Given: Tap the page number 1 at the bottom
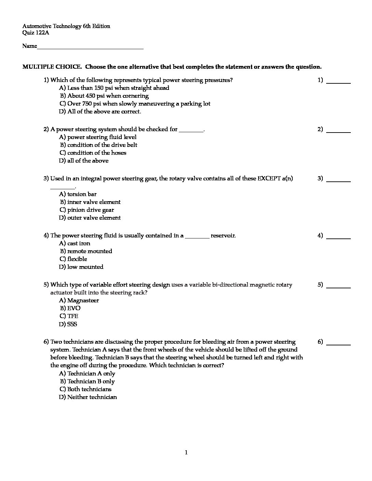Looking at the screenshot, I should pyautogui.click(x=186, y=453).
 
